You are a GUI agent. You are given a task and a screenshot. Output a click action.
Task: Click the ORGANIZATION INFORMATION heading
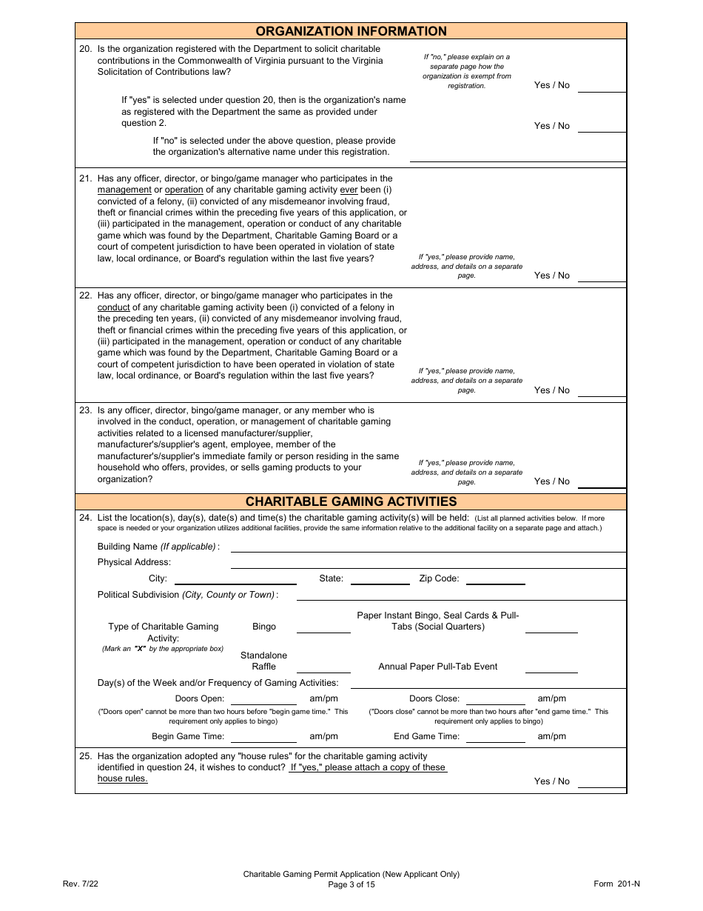tap(351, 31)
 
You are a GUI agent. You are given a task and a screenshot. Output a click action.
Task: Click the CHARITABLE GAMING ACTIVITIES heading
tap(351, 501)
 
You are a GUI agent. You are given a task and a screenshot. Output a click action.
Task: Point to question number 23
tap(85, 410)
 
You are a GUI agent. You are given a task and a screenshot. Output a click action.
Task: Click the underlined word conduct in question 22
tap(114, 307)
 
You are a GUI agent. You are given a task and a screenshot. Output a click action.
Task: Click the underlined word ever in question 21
tap(349, 190)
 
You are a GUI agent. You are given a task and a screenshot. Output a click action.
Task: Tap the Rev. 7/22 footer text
tap(81, 884)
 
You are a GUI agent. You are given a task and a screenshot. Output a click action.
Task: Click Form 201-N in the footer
tap(616, 884)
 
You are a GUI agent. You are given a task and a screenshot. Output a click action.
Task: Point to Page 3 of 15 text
tap(351, 884)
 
